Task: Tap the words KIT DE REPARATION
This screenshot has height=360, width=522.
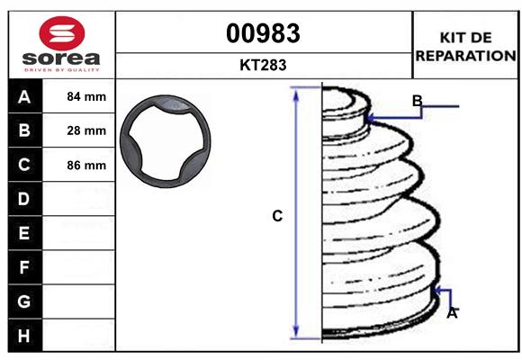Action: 464,46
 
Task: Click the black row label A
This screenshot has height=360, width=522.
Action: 24,96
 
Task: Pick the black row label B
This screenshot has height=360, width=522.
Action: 24,130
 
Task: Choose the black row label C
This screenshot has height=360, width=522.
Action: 24,165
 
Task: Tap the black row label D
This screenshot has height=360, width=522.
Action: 24,199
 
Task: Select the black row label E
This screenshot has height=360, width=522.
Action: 24,233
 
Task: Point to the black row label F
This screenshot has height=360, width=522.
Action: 24,267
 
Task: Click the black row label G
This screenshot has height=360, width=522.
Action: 24,301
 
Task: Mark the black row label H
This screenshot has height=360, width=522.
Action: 24,335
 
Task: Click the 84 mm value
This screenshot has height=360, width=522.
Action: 86,96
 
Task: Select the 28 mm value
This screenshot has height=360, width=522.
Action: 86,130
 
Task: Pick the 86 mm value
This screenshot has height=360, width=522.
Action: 86,166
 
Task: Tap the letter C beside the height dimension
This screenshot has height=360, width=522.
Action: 277,216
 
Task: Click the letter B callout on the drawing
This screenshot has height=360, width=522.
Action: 417,100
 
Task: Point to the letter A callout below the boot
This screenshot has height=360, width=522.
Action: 452,313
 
